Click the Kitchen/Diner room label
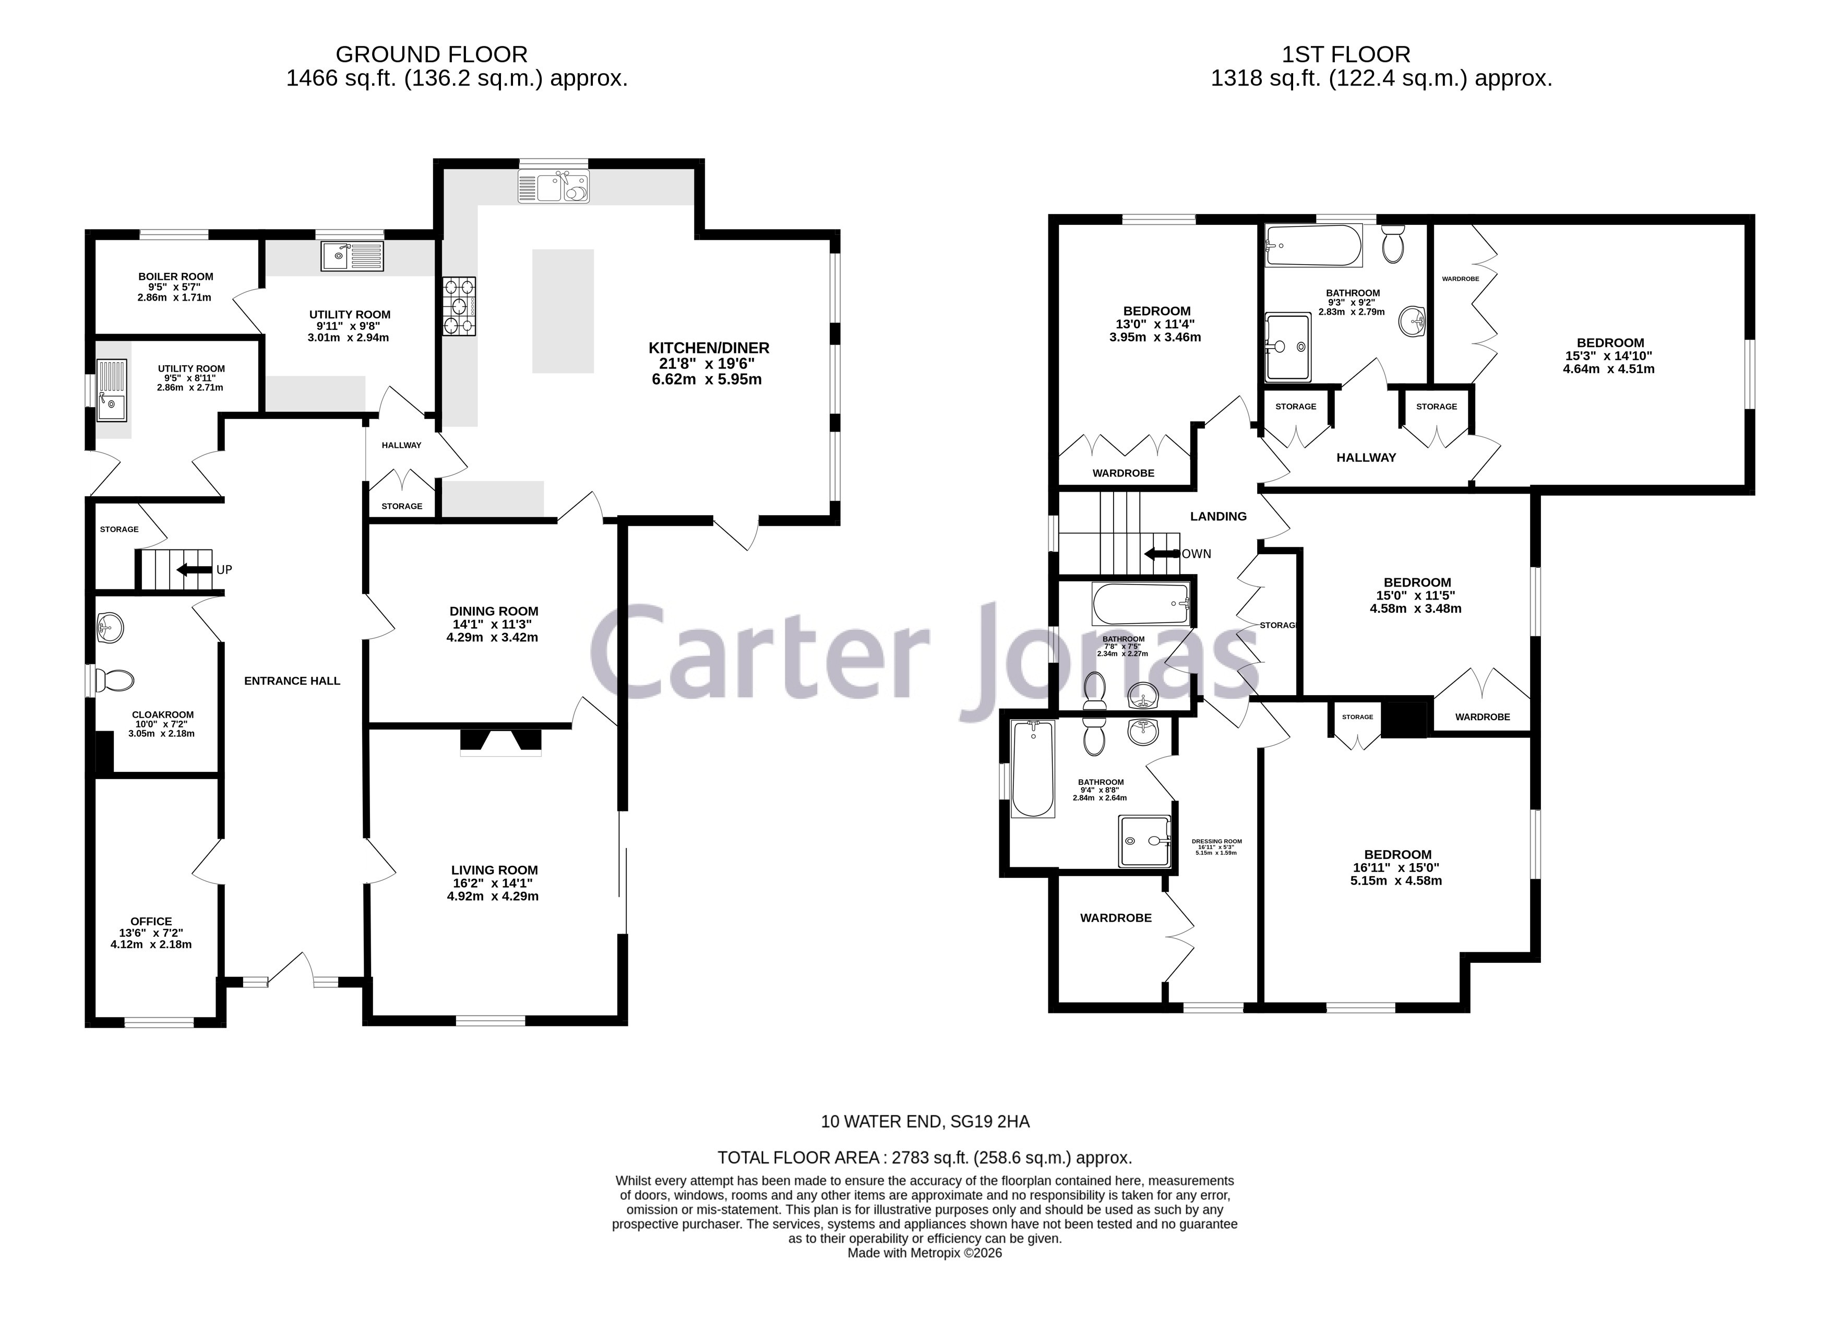point(708,348)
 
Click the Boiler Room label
point(175,277)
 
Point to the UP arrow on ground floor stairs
point(195,569)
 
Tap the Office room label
point(151,921)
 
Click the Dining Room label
point(494,611)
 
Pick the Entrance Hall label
point(292,681)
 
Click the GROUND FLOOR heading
point(432,54)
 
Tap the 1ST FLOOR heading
point(1346,54)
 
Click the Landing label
point(1218,516)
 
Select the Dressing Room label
point(1216,841)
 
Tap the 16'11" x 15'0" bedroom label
point(1397,854)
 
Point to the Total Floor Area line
point(924,1158)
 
